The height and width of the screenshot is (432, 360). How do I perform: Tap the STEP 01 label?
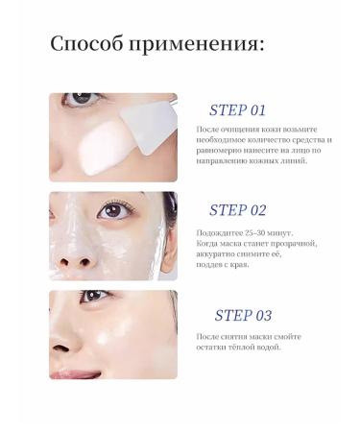click(x=237, y=108)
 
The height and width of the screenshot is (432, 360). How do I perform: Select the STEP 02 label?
click(x=237, y=210)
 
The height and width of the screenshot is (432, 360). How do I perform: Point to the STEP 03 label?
click(x=243, y=315)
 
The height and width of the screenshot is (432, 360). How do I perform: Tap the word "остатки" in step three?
click(x=214, y=347)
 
